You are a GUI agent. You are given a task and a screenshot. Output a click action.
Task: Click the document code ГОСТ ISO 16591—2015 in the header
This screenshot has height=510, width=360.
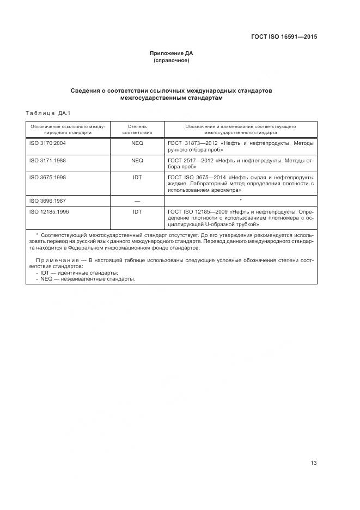284,37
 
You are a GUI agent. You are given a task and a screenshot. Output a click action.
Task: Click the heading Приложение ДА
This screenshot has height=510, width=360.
172,53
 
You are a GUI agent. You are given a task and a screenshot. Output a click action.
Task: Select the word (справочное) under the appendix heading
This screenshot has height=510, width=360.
172,60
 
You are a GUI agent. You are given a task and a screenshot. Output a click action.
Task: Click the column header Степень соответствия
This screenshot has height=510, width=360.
137,129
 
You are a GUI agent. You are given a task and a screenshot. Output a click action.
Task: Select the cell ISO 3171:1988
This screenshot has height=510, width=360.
47,161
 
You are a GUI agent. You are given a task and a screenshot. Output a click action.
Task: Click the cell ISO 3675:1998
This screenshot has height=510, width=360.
47,178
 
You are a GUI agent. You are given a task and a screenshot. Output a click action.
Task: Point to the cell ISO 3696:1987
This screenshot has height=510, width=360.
47,201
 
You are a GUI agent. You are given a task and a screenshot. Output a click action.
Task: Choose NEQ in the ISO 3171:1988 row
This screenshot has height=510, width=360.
137,161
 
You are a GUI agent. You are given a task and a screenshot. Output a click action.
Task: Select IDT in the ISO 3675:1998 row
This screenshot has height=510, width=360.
137,178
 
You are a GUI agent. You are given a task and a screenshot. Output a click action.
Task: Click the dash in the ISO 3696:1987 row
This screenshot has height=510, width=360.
137,201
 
